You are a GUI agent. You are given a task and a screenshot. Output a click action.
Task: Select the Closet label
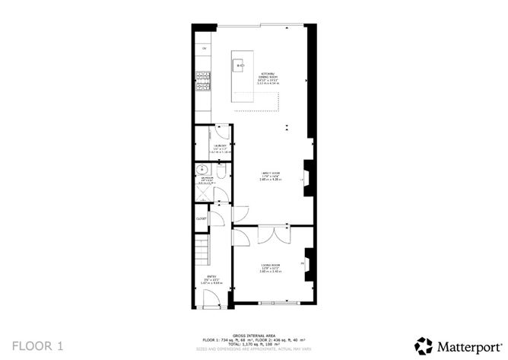click(202, 218)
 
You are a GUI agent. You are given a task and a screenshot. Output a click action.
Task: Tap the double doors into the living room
click(271, 234)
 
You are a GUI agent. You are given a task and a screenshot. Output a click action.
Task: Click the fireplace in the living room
click(308, 262)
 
